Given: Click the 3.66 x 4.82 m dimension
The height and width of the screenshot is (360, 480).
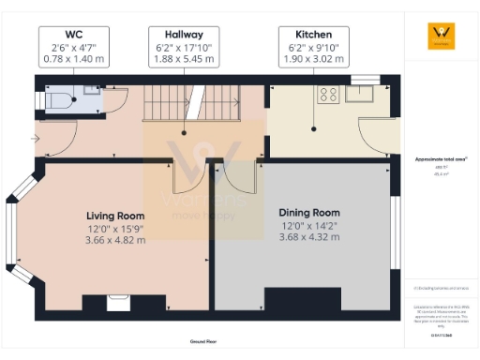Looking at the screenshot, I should (x=116, y=240).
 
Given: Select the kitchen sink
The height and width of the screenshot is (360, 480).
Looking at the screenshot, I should (x=360, y=92).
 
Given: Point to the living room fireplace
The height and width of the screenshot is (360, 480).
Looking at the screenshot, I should (x=118, y=301).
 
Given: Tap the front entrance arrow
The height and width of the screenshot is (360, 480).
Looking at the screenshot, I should (x=35, y=140).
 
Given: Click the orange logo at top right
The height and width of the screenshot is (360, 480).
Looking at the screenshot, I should (x=441, y=36).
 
